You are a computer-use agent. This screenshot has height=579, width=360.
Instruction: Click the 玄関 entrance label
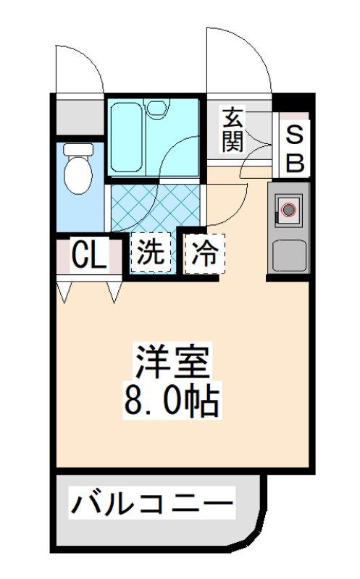click(233, 130)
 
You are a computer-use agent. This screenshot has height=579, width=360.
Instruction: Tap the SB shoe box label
click(295, 149)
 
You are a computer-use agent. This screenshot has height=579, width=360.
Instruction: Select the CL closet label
click(89, 254)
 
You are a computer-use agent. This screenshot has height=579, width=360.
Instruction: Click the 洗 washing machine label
click(151, 253)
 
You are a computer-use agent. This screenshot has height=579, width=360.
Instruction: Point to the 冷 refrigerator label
click(204, 254)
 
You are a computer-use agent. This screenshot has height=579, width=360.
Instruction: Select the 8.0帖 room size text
click(172, 401)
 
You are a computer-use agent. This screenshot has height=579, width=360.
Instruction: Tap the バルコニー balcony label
click(152, 502)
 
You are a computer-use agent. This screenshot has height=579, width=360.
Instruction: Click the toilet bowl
click(78, 174)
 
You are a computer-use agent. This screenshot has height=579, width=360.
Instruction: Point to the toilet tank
click(78, 149)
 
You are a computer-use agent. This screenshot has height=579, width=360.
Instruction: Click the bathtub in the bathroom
click(126, 138)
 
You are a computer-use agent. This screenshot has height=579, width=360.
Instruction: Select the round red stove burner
click(289, 210)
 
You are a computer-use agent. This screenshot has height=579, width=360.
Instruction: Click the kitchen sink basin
click(289, 255)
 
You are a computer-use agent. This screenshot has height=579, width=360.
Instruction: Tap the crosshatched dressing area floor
click(155, 207)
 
